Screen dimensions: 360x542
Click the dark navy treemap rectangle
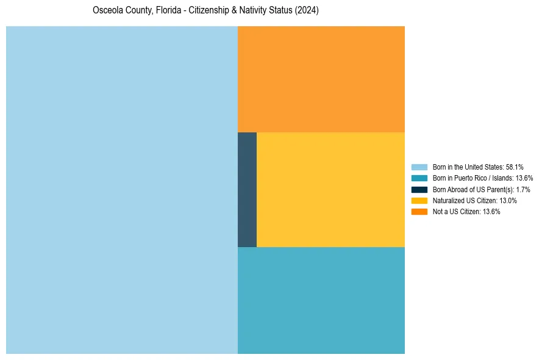coord(247,190)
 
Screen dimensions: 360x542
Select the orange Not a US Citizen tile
coord(321,79)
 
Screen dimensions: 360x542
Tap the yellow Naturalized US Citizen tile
coord(330,190)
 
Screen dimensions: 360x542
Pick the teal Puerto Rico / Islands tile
coord(321,300)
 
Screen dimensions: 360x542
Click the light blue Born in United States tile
coord(122,190)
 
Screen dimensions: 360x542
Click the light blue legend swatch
coord(419,167)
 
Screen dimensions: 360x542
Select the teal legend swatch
coord(419,178)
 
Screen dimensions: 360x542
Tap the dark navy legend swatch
coord(419,189)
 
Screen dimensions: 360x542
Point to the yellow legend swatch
coord(419,200)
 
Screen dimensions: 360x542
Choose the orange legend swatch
coord(419,211)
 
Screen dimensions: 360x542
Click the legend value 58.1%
coord(515,167)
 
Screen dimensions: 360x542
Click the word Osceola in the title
coord(106,11)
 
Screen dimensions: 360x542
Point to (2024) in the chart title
coord(307,11)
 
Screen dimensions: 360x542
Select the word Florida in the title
coord(163,11)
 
